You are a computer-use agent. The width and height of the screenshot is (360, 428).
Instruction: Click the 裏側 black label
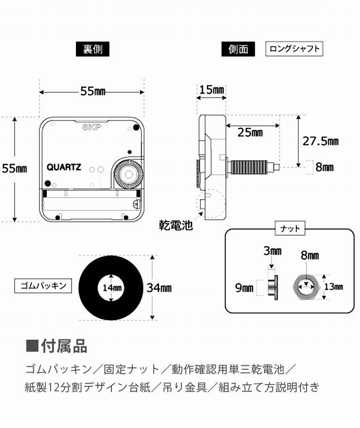(92, 49)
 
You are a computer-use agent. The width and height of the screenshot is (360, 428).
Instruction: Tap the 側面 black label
(238, 49)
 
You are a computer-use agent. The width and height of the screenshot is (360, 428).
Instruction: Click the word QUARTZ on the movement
(64, 167)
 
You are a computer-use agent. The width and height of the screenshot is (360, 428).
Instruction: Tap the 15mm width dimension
(212, 90)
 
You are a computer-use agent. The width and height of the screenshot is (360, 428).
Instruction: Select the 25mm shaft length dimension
(251, 132)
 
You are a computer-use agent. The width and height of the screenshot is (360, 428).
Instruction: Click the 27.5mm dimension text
(321, 141)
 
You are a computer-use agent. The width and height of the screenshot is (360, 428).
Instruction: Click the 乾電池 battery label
(176, 225)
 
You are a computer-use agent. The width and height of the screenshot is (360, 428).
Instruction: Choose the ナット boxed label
(290, 228)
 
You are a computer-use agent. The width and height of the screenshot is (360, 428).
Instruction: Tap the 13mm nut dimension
(334, 287)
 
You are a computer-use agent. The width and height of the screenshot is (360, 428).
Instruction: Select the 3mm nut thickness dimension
(273, 251)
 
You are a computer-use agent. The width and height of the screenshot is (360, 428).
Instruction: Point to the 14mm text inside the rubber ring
(112, 287)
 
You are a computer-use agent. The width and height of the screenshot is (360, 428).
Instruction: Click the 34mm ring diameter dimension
(160, 287)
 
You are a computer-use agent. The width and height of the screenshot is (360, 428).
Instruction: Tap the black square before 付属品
(32, 347)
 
